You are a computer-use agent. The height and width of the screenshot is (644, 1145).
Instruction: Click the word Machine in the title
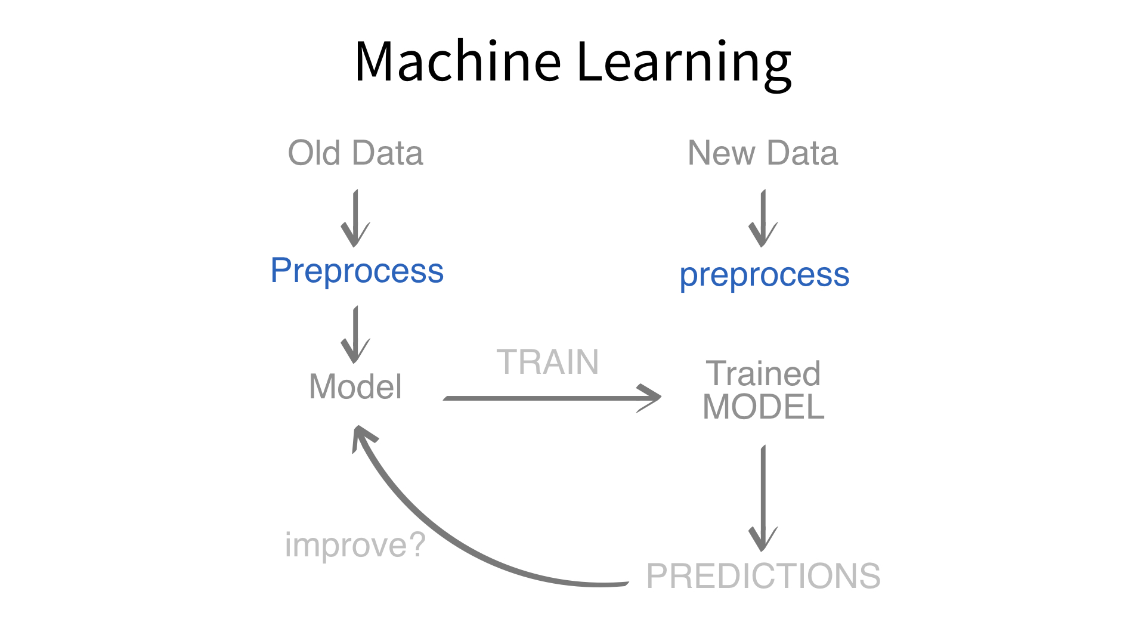(x=457, y=61)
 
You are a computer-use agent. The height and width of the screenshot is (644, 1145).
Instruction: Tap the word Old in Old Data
(x=314, y=153)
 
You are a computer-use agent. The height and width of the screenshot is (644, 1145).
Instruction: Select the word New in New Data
(x=722, y=153)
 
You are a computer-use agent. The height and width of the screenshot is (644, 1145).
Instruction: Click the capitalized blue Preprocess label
(x=357, y=271)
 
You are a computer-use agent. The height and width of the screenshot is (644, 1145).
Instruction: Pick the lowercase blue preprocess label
(x=764, y=275)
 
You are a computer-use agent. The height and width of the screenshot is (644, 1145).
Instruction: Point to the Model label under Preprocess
(x=355, y=386)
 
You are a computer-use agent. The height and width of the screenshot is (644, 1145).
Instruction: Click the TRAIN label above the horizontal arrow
(x=547, y=362)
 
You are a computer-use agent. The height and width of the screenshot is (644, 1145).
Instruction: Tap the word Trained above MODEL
(x=763, y=374)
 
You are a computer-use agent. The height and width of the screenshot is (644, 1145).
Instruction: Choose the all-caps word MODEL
(x=763, y=407)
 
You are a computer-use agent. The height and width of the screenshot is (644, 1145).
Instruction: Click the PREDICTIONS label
(x=763, y=576)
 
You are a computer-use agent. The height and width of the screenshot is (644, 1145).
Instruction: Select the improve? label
(x=355, y=545)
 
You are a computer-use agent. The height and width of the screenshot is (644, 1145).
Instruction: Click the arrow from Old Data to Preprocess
(x=356, y=218)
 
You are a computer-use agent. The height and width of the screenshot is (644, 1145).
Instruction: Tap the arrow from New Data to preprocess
(x=763, y=218)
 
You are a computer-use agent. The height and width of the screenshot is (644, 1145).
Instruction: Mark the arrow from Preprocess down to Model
(x=356, y=335)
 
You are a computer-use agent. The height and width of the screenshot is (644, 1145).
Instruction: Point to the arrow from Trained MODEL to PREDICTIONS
(x=763, y=498)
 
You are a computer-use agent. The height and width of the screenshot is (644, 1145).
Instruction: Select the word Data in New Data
(x=802, y=153)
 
